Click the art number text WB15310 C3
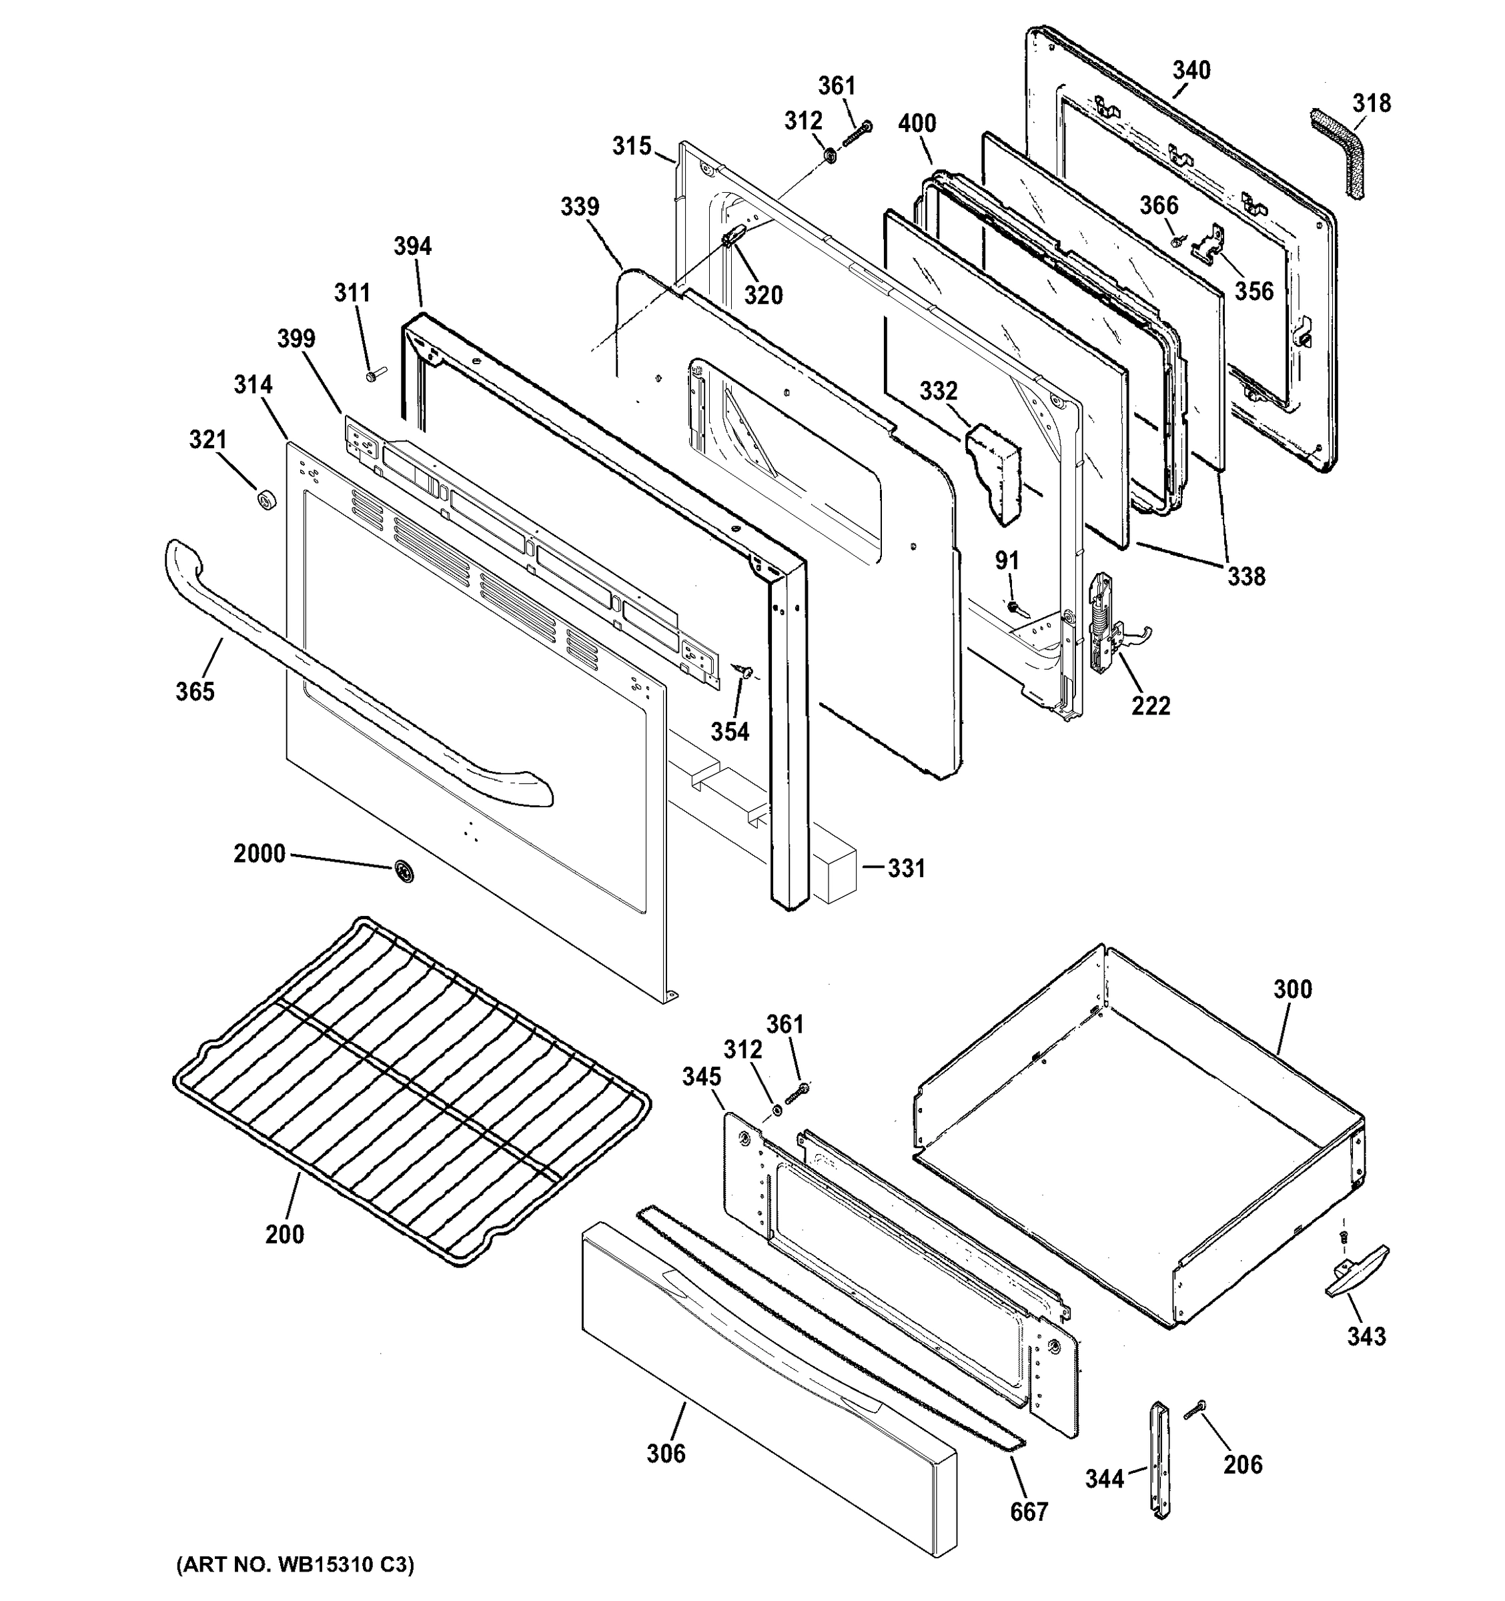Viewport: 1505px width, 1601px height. click(x=295, y=1565)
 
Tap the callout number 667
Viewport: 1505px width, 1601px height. click(x=1029, y=1512)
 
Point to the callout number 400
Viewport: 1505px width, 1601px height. click(x=917, y=123)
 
